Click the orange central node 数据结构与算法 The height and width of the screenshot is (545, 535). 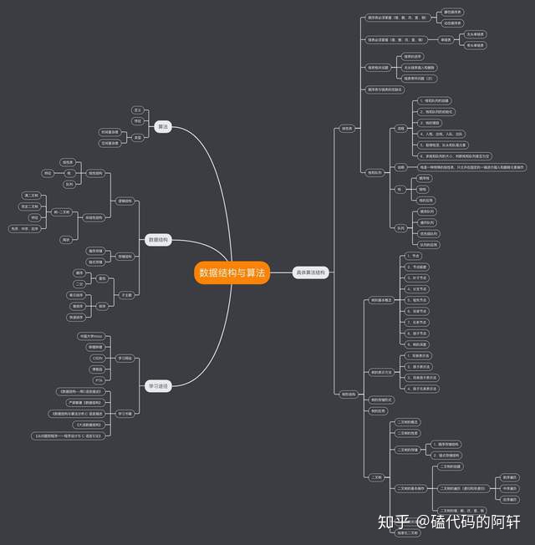coord(232,272)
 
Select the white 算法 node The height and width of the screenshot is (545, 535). coord(163,126)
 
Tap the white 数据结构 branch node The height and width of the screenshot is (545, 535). coord(157,240)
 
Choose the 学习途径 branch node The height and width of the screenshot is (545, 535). coord(158,386)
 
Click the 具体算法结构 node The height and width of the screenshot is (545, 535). coord(310,272)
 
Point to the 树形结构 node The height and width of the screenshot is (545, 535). coord(348,394)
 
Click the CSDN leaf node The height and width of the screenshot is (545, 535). coord(97,358)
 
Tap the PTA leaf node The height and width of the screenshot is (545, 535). coord(98,379)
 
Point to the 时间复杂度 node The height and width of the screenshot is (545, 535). coord(109,131)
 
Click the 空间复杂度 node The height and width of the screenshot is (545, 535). coord(109,143)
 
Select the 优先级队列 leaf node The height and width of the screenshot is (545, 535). coord(429,233)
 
